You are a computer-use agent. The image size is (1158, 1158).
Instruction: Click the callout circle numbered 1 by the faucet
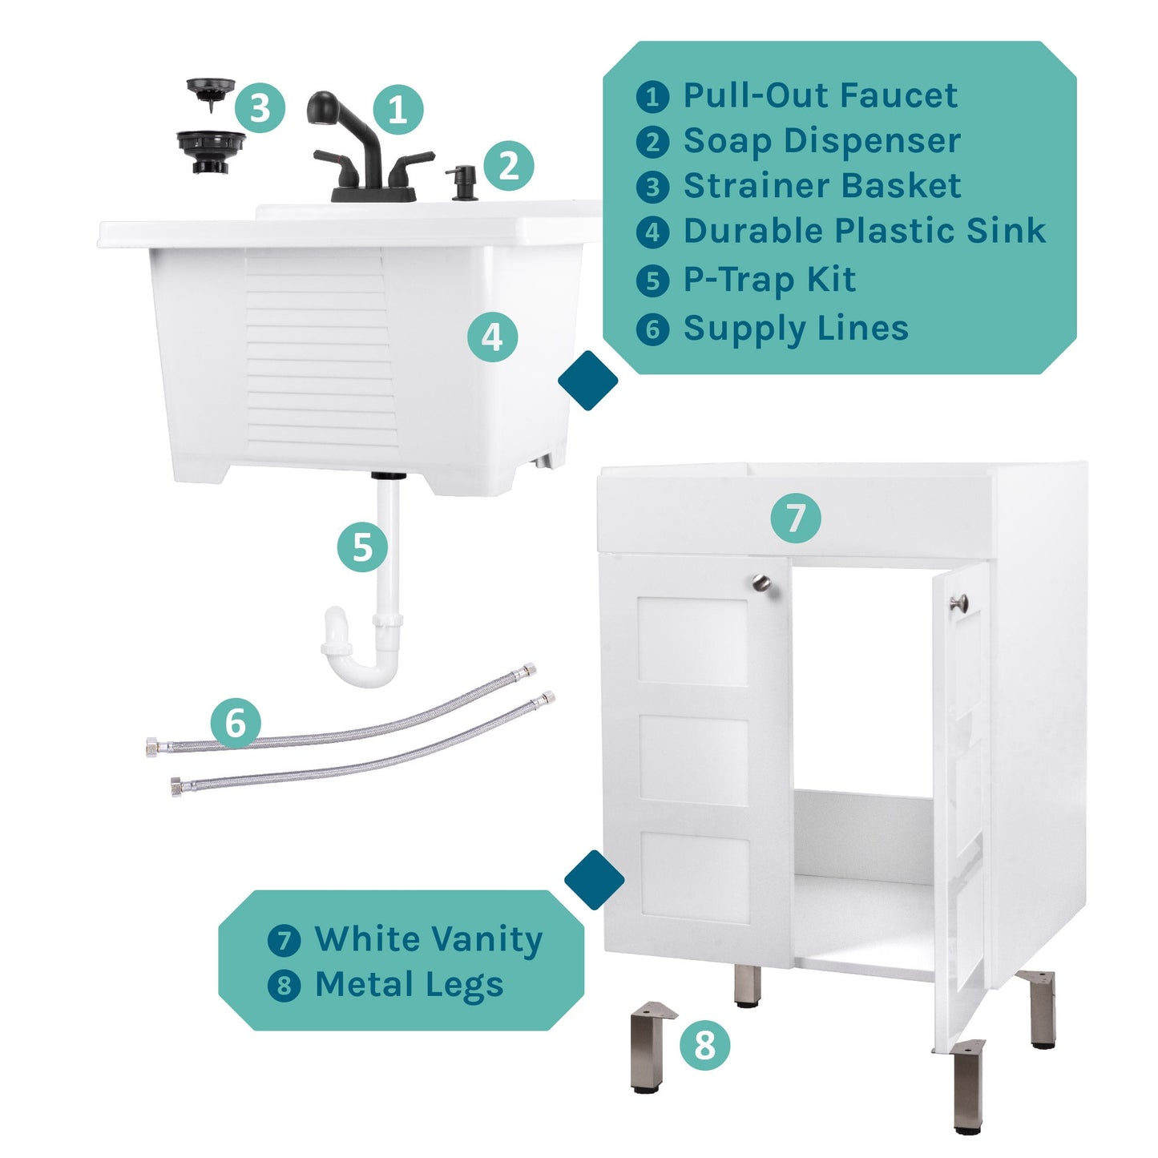[x=398, y=110]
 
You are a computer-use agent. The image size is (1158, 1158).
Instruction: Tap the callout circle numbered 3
[x=260, y=107]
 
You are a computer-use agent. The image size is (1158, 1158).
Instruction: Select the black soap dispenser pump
[x=464, y=182]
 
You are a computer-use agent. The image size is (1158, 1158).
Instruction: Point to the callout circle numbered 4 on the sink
[x=492, y=337]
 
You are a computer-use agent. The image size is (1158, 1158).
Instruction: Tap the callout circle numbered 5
[x=362, y=548]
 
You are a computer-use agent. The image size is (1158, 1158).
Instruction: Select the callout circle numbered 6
[x=236, y=723]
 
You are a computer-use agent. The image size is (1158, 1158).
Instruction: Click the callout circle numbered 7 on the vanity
[x=795, y=518]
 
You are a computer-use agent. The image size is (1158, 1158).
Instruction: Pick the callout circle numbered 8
[x=704, y=1045]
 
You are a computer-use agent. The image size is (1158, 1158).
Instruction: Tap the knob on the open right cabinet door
[x=958, y=603]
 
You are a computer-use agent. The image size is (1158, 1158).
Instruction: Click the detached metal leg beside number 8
[x=650, y=1046]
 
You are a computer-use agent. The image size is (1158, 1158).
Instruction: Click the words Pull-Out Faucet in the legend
[x=820, y=95]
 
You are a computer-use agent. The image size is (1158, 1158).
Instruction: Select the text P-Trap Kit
[x=769, y=280]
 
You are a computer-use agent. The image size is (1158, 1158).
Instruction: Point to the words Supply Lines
[x=796, y=329]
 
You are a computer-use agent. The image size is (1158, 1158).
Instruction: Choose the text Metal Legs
[x=409, y=985]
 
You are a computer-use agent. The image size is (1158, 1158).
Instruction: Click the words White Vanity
[x=429, y=939]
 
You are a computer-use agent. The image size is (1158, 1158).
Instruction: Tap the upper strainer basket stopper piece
[x=211, y=91]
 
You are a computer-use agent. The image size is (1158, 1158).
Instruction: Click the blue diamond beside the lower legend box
[x=594, y=879]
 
